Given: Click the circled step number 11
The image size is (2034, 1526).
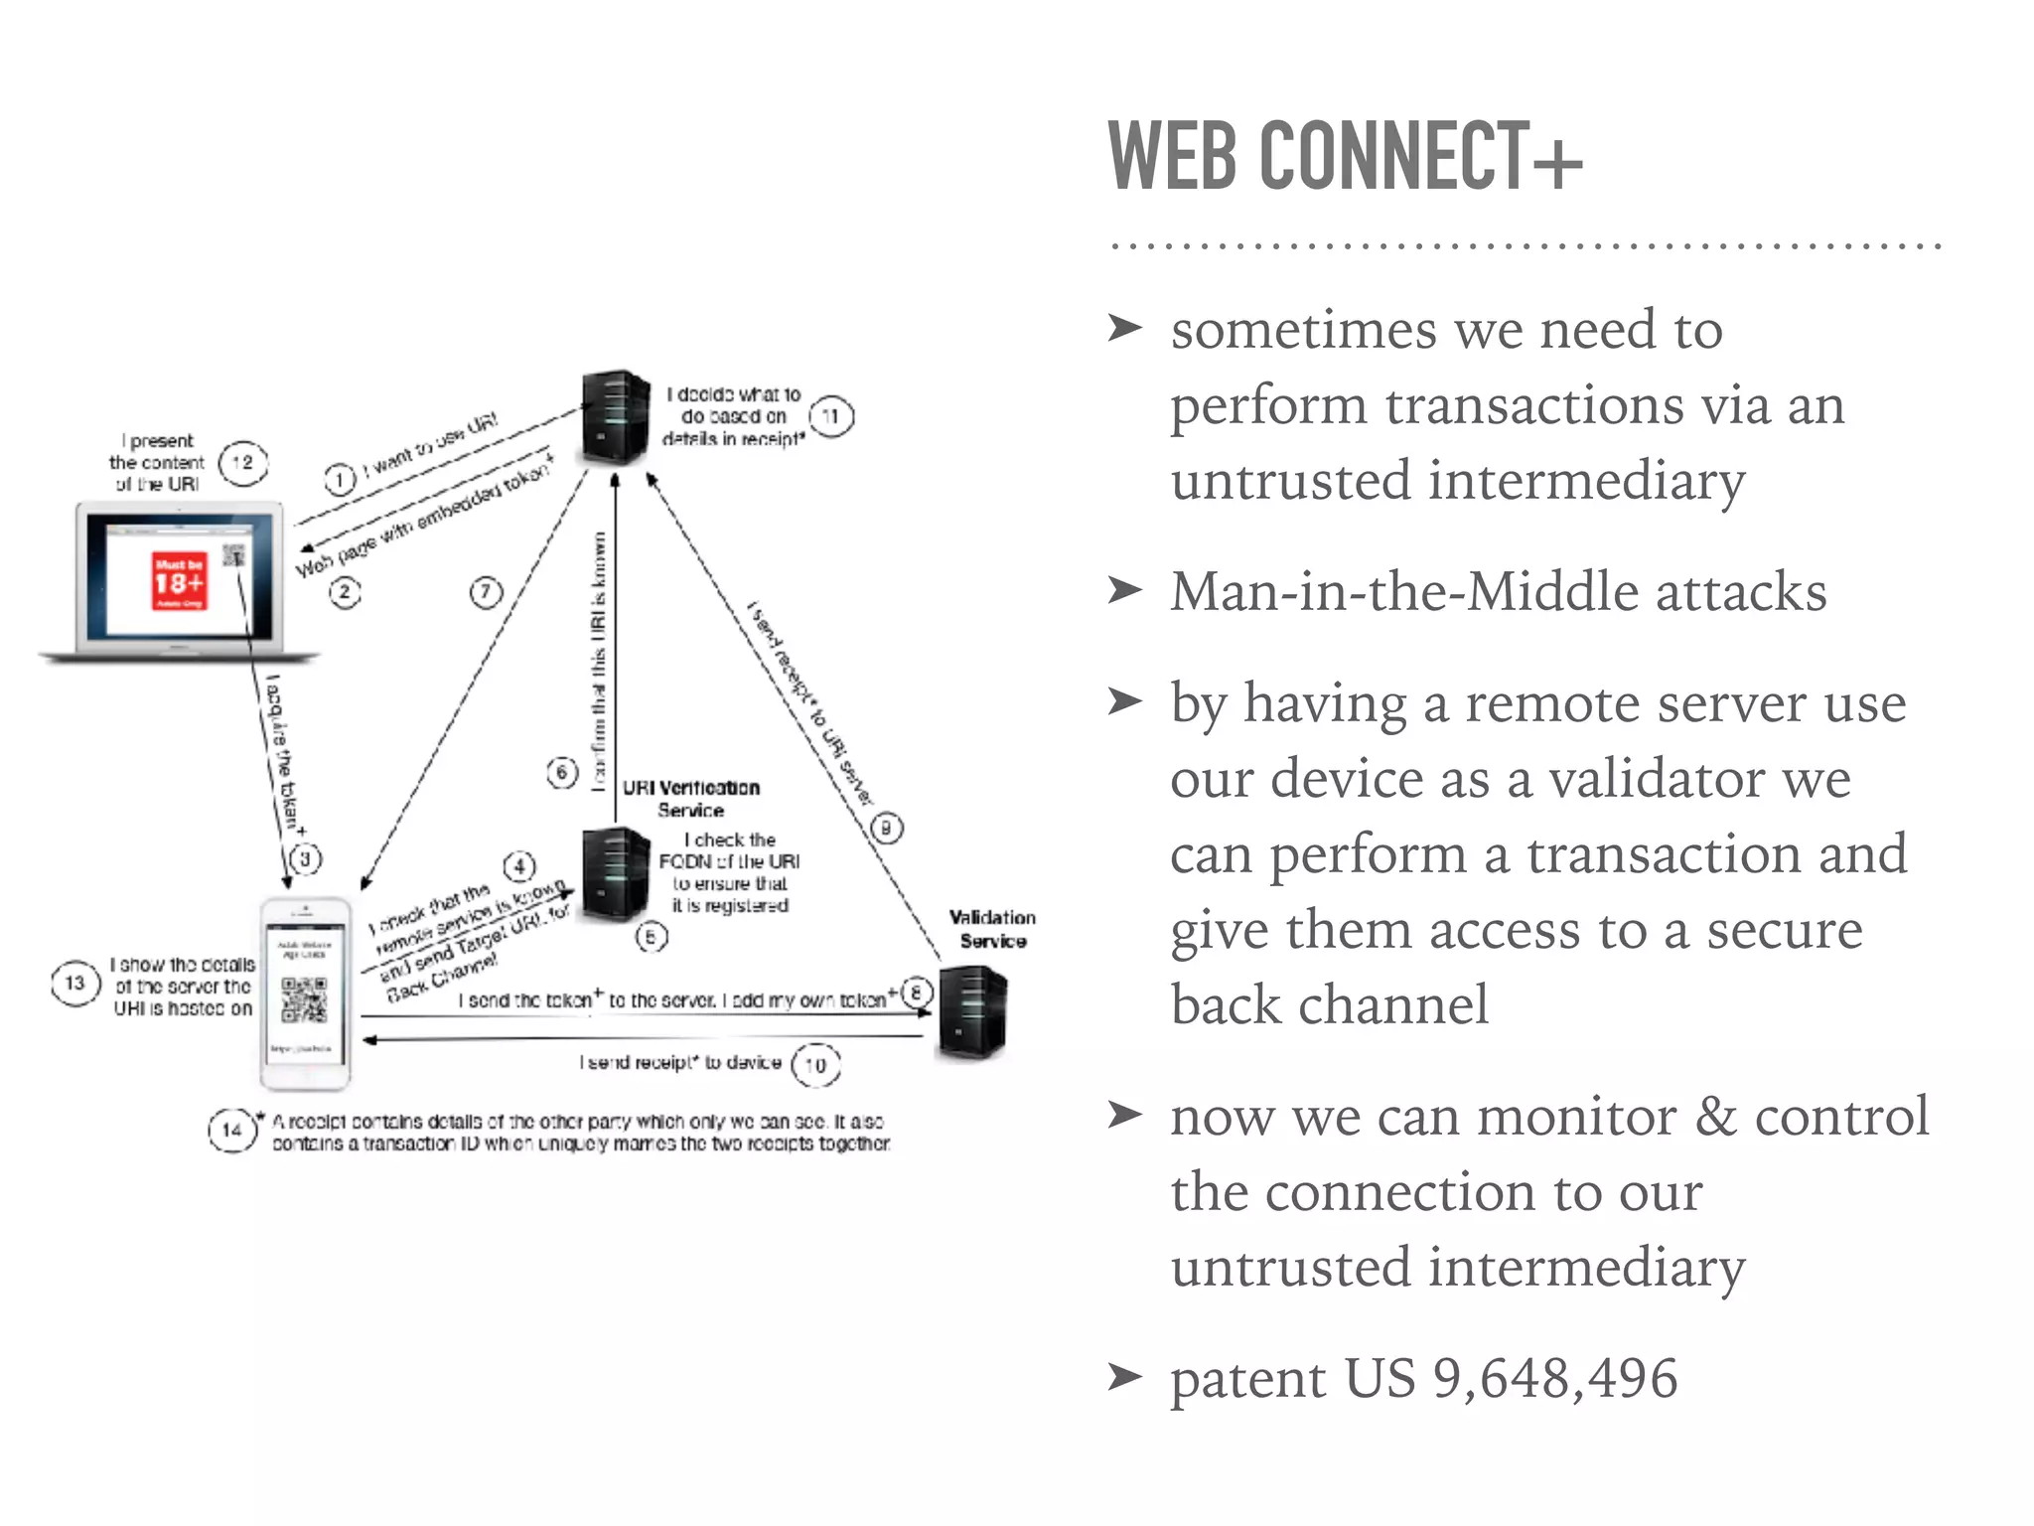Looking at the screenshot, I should [x=831, y=416].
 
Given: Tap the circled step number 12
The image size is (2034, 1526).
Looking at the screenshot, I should [x=242, y=462].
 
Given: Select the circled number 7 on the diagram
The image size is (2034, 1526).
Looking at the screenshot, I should [x=486, y=593].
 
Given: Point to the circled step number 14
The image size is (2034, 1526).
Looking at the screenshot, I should [x=231, y=1130].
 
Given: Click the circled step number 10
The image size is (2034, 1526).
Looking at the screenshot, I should [x=815, y=1065].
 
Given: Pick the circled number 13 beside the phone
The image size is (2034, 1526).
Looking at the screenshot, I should [x=74, y=983].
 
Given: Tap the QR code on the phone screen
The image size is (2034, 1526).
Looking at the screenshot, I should [x=304, y=999].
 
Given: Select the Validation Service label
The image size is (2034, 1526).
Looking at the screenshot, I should [x=992, y=929].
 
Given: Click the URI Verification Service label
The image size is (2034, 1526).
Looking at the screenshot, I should [x=691, y=799].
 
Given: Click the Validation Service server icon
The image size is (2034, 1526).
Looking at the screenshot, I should [x=972, y=1013].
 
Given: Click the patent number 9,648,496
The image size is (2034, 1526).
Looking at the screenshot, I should [x=1555, y=1379].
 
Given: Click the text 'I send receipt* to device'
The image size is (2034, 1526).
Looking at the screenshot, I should [x=680, y=1063].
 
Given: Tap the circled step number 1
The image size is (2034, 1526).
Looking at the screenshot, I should [x=340, y=480].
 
